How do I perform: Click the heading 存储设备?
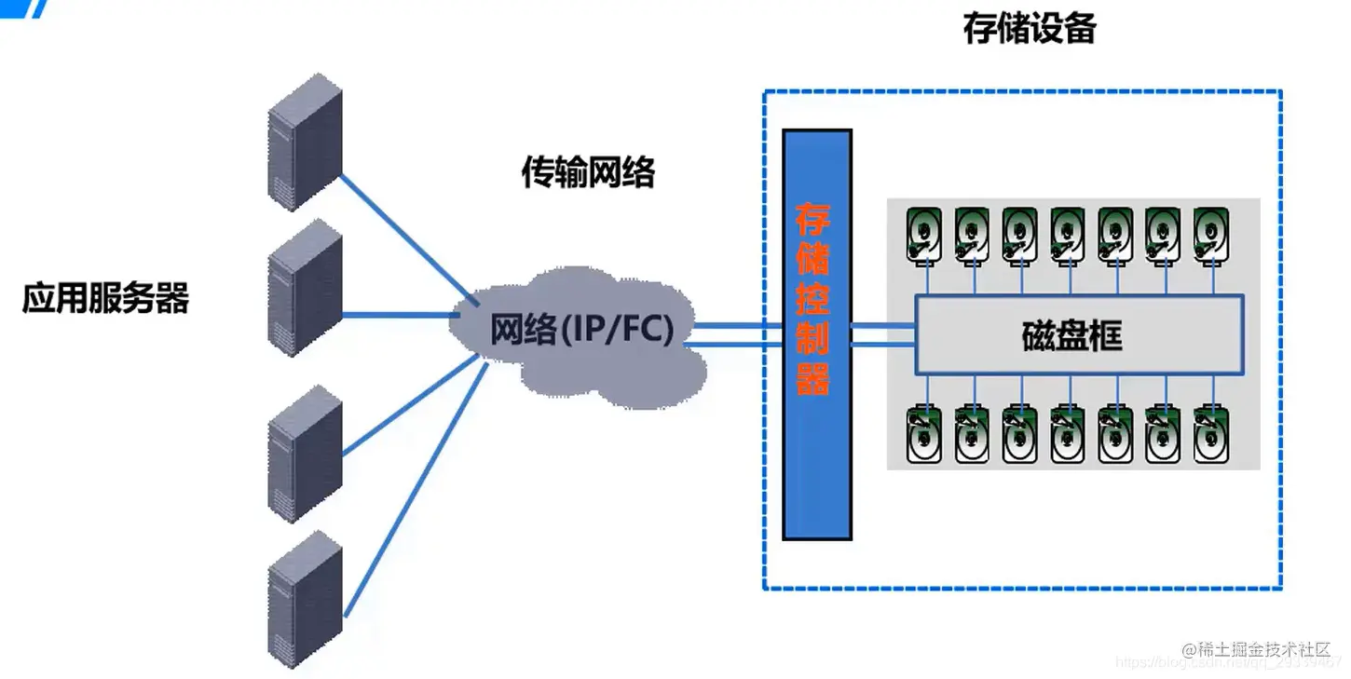[x=1030, y=29]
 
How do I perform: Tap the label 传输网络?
[x=587, y=172]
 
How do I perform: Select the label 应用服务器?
[x=105, y=299]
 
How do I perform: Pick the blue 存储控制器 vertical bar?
[x=816, y=335]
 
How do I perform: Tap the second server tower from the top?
[x=305, y=288]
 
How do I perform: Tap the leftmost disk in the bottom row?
[x=923, y=433]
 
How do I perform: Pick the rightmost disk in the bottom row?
[x=1211, y=433]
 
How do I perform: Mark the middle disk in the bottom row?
[x=1067, y=433]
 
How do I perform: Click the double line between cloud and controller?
[x=736, y=335]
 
